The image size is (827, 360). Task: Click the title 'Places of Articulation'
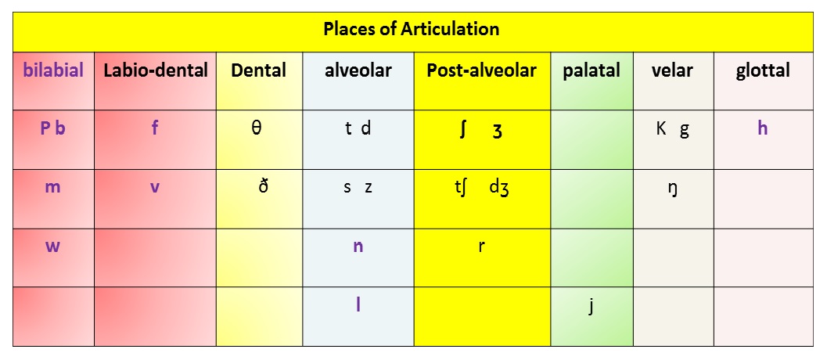412,28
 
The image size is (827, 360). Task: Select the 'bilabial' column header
53,70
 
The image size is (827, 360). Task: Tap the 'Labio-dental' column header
156,70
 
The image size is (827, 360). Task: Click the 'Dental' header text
258,70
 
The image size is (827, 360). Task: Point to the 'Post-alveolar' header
481,70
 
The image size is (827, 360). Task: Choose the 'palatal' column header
591,70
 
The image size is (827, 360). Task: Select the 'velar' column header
672,70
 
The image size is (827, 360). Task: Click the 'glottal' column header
763,70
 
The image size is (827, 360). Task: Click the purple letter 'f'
155,128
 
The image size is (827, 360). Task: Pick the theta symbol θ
257,128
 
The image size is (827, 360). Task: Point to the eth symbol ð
264,186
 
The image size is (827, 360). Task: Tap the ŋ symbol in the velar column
672,189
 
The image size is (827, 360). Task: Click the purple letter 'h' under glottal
762,128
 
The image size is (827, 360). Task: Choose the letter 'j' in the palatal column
591,306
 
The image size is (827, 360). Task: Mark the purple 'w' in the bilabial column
52,246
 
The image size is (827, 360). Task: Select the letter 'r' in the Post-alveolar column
481,246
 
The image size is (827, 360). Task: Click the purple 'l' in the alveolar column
358,304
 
